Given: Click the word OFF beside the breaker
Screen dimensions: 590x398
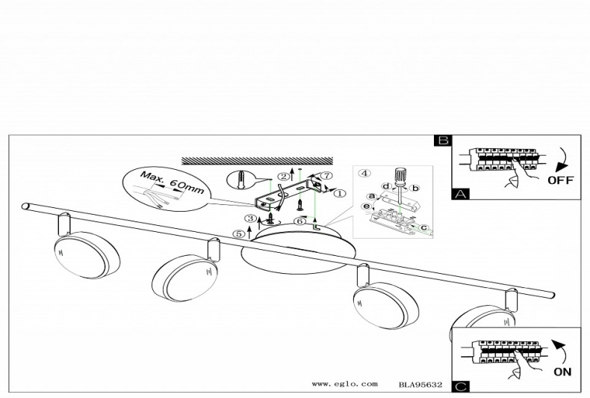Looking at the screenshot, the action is pos(561,180).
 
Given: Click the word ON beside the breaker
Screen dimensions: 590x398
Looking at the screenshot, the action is pos(562,372).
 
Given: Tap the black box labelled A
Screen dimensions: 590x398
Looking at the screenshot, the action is pos(461,194).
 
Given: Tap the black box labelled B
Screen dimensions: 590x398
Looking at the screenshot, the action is pos(444,140).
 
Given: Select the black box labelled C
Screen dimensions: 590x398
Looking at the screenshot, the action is pos(461,386).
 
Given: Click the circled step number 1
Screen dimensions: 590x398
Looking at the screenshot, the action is pos(340,193).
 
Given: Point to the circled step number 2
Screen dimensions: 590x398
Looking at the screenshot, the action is pos(284,176).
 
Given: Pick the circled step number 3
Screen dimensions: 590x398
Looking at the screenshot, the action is pos(250,218).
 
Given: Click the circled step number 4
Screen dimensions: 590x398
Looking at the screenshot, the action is pos(364,173).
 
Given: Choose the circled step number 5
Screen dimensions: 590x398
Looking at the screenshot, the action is pos(238,233).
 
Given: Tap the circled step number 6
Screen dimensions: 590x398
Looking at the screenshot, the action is pos(299,221).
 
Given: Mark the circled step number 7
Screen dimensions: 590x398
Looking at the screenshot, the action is pos(327,175).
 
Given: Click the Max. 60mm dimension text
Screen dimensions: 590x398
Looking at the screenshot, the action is pos(172,183).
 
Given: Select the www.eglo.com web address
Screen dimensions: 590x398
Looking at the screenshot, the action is pos(344,384).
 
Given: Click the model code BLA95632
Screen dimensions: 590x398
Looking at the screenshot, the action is pos(420,385).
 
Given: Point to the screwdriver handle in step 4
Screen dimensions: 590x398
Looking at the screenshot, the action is pos(399,177).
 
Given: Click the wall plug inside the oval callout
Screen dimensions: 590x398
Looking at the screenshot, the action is pos(240,180).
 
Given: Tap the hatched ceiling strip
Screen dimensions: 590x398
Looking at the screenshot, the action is pos(258,161).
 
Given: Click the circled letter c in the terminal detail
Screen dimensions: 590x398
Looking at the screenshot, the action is pos(423,227).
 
